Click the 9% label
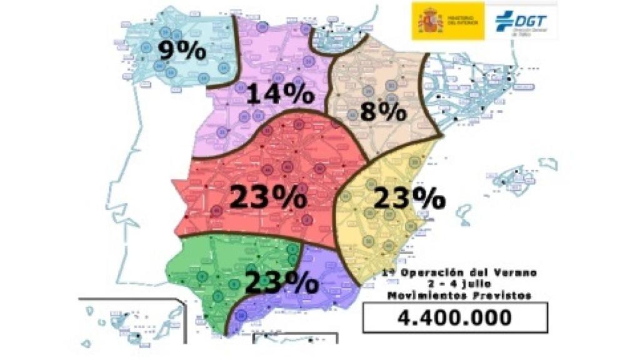pos(181,50)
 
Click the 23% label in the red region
pos(268,197)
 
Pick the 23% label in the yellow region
pos(409,198)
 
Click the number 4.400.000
pos(454,317)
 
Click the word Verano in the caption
pos(513,272)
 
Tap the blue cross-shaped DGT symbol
pos(503,21)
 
